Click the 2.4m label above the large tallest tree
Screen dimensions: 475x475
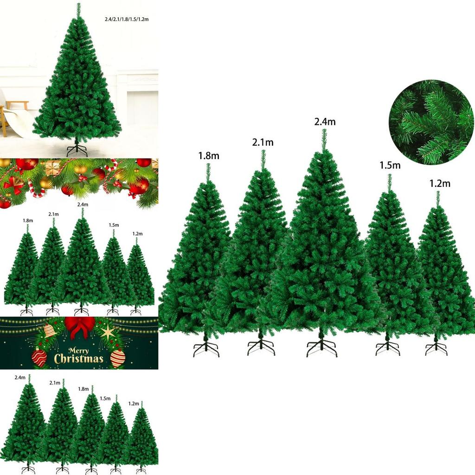(x=325, y=122)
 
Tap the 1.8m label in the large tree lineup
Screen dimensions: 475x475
(x=208, y=156)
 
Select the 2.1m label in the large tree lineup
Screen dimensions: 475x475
(x=263, y=142)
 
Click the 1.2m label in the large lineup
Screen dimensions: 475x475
(x=440, y=184)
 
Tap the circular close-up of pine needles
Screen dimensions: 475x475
(x=431, y=122)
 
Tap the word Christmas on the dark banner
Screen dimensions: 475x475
(x=79, y=359)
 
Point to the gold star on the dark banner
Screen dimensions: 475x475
(x=108, y=331)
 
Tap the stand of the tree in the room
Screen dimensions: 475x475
(x=77, y=150)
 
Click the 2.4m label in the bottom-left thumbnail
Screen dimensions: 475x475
(x=20, y=378)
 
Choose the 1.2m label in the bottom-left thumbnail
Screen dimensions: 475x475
(x=134, y=404)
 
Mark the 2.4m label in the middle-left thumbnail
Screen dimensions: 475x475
(x=83, y=205)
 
